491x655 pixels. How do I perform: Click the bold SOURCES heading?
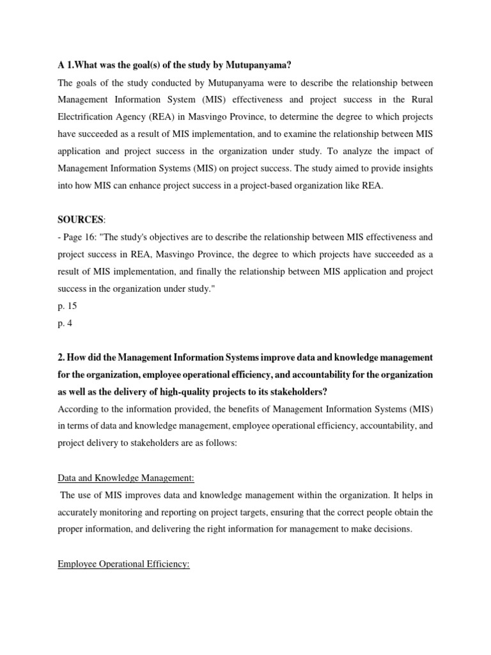click(x=80, y=220)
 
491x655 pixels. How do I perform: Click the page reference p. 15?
click(x=67, y=306)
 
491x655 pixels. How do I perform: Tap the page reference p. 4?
click(x=65, y=323)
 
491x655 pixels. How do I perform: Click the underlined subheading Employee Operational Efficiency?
click(x=123, y=565)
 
